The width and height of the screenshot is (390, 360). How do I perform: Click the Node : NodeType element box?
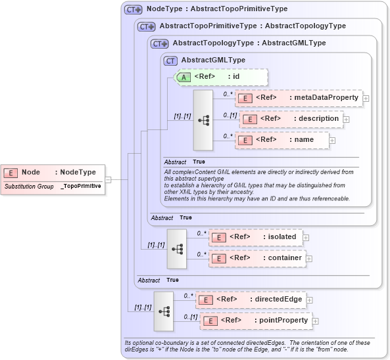53,172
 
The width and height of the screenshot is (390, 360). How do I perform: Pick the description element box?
291,119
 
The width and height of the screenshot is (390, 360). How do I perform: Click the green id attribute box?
211,77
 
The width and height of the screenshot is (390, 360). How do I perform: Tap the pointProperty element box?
255,321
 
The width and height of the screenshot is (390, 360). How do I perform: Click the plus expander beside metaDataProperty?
366,99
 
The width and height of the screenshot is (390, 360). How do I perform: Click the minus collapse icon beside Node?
108,178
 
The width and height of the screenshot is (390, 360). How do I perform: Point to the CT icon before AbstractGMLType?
170,60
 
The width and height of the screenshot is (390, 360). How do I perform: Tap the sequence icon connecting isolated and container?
177,248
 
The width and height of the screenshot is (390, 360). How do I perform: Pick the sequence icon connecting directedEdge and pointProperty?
164,311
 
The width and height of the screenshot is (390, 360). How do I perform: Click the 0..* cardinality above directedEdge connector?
188,295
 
